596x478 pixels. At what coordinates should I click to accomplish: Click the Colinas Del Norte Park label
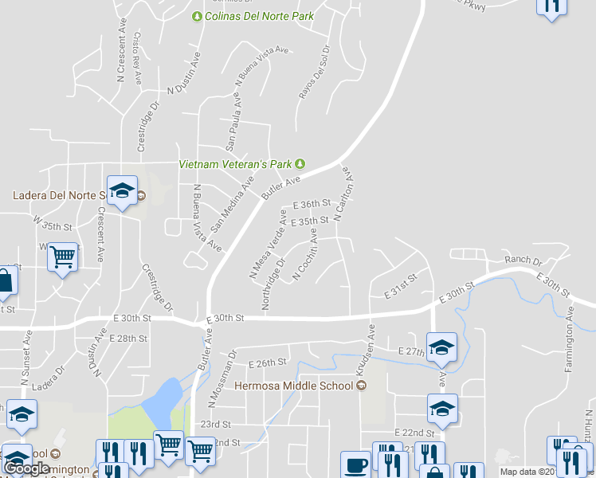pyautogui.click(x=259, y=16)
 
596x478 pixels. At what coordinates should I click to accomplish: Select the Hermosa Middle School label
pyautogui.click(x=293, y=386)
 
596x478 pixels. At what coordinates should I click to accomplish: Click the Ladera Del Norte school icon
pyautogui.click(x=123, y=191)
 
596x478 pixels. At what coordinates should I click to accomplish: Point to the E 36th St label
pyautogui.click(x=311, y=205)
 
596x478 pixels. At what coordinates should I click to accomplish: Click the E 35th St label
pyautogui.click(x=310, y=221)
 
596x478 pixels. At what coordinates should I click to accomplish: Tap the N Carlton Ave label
pyautogui.click(x=344, y=194)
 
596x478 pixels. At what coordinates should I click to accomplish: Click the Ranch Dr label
pyautogui.click(x=523, y=261)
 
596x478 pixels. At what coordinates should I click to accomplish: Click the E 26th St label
pyautogui.click(x=267, y=363)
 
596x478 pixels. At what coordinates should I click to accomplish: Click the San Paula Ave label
pyautogui.click(x=232, y=120)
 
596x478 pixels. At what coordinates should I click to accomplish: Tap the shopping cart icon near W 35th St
pyautogui.click(x=62, y=257)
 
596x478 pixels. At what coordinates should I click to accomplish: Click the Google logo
pyautogui.click(x=26, y=468)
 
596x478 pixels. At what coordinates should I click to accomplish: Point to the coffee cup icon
pyautogui.click(x=355, y=464)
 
